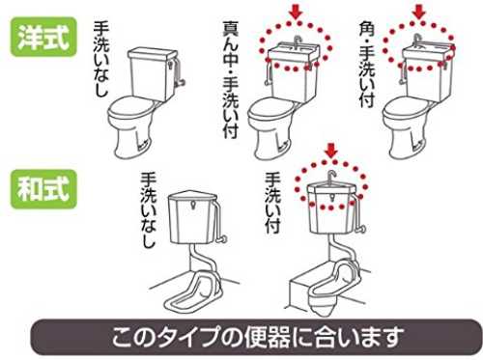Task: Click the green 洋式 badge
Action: point(43,37)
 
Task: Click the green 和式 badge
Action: point(43,189)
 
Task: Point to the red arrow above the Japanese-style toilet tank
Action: point(331,151)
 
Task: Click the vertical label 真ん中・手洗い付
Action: point(231,80)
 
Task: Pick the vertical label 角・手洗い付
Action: point(367,65)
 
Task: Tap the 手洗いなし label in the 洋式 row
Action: point(101,59)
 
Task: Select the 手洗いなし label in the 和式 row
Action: point(149,210)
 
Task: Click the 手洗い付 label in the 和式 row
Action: point(272,203)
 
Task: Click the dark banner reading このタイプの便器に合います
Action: point(257,337)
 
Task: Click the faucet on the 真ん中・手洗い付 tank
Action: point(298,41)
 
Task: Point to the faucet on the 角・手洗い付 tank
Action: point(417,40)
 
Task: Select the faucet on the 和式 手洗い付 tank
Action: point(331,177)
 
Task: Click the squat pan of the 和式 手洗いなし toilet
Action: point(192,293)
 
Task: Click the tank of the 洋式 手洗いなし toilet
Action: point(153,73)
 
